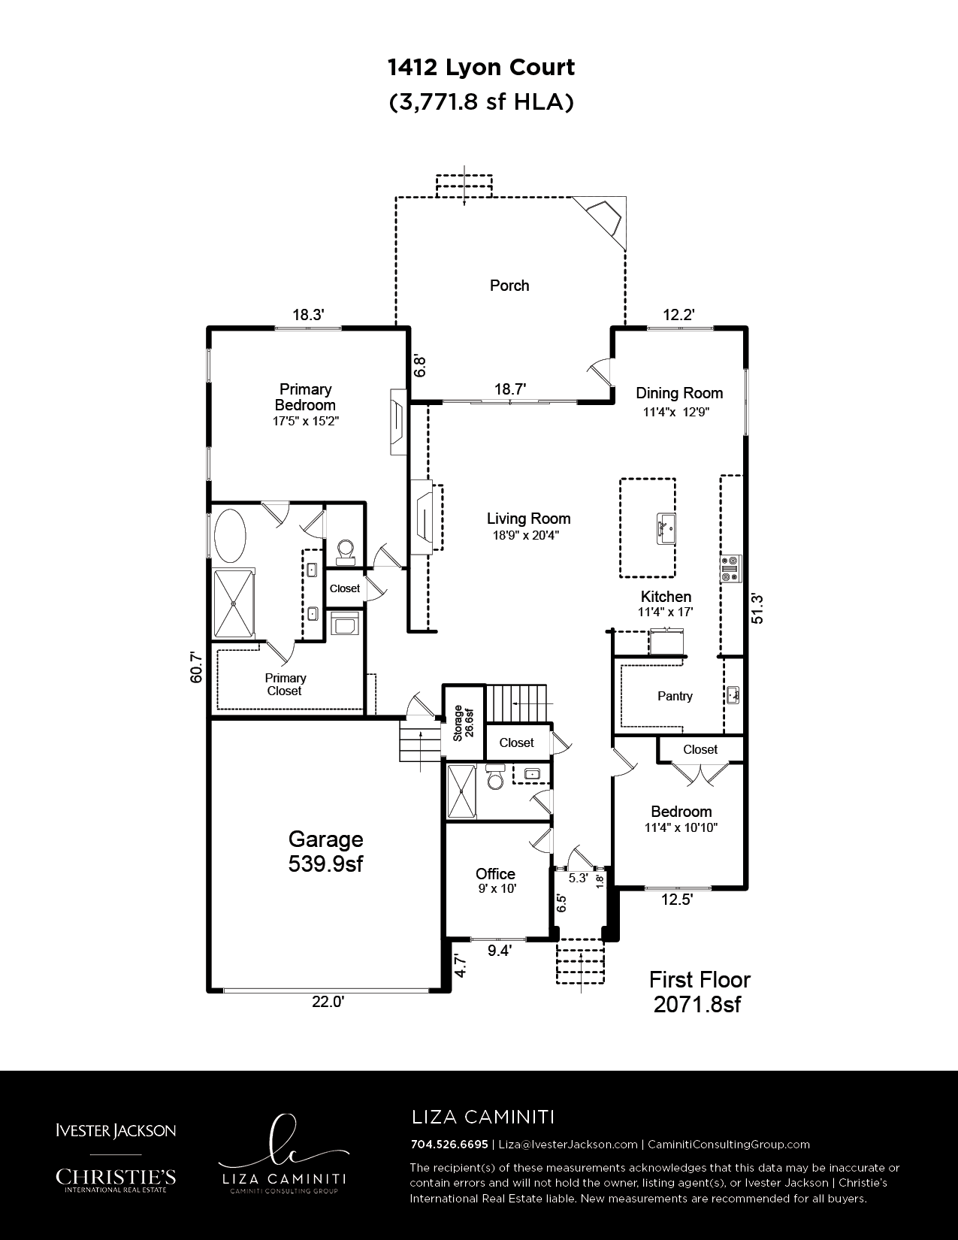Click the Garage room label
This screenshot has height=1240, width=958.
325,839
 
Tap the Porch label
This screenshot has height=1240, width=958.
509,286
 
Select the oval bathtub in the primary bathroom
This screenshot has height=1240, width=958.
230,536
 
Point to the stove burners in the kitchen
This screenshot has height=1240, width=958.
730,568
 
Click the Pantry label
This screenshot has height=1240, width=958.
675,696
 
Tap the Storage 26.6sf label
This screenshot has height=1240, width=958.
464,723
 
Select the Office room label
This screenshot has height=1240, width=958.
495,874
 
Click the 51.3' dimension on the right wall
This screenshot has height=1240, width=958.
757,608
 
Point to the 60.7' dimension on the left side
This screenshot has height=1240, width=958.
196,667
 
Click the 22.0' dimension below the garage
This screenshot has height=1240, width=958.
328,1002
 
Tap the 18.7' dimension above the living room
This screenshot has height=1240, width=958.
510,389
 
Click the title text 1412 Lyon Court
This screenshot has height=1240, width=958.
481,68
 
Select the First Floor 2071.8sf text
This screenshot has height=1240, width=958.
700,992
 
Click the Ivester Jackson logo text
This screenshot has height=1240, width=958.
116,1130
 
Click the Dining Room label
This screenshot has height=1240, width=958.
679,393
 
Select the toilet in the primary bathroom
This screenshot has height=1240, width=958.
345,552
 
